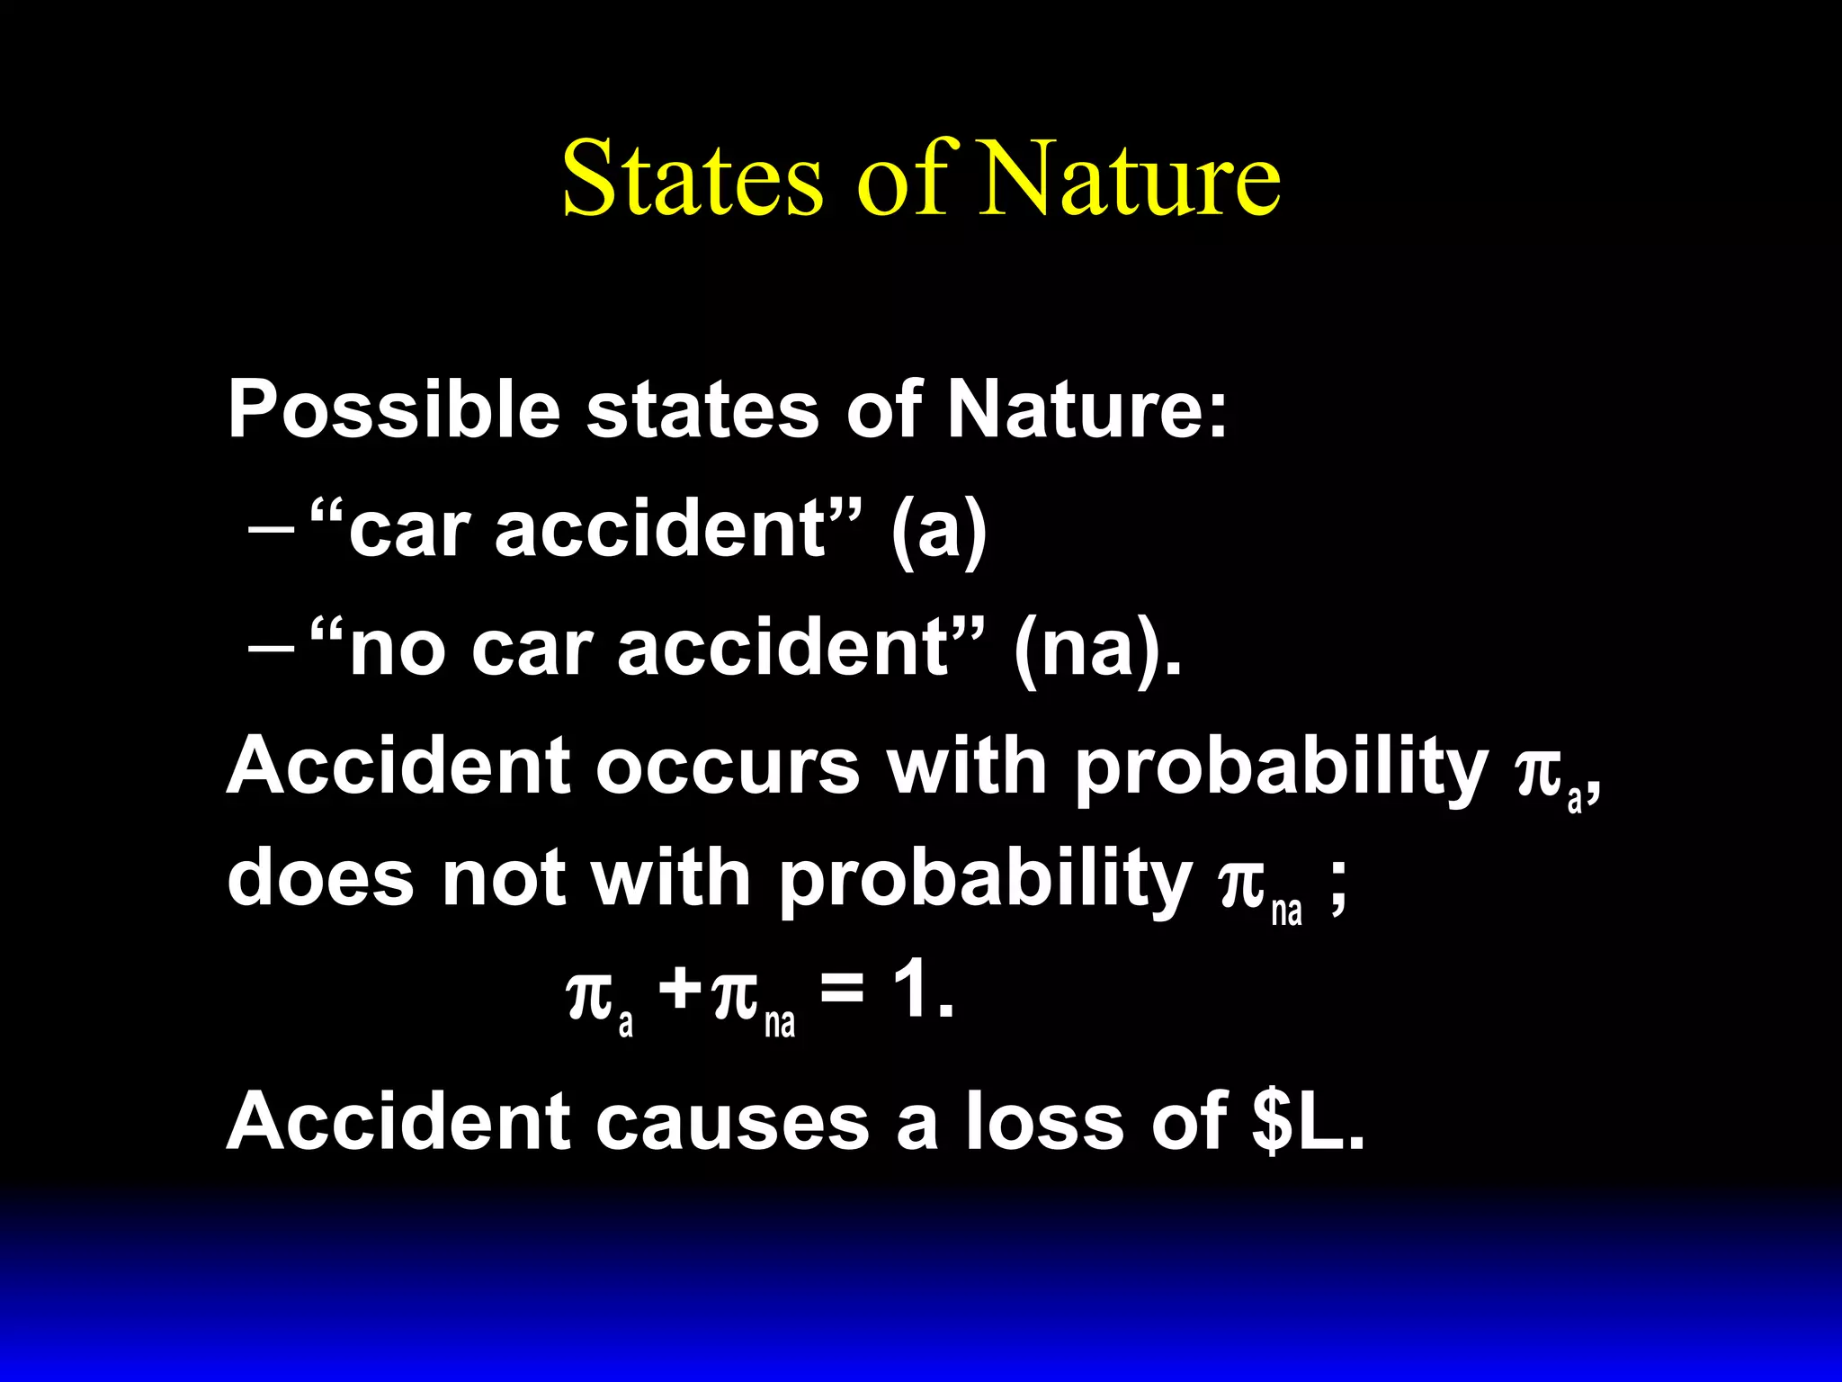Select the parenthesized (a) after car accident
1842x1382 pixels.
coord(939,531)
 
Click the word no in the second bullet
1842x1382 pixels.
coord(397,650)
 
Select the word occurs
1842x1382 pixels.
coord(728,767)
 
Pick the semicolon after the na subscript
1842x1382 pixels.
coord(1337,891)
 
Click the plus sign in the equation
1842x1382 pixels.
coord(680,992)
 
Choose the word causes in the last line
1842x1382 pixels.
coord(732,1122)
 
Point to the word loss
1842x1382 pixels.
coord(1044,1121)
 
